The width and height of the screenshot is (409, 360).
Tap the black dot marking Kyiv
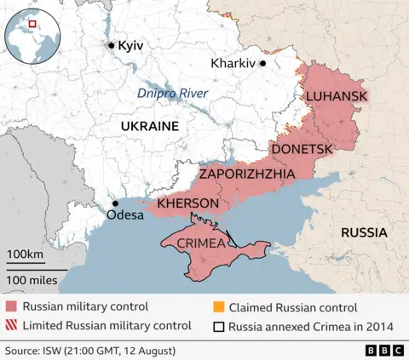click(111, 45)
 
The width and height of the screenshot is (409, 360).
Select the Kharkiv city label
click(233, 63)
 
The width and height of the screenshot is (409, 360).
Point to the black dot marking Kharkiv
click(263, 63)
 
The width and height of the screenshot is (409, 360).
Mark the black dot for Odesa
click(115, 203)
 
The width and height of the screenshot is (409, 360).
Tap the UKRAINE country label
click(149, 126)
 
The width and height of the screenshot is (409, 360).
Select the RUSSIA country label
click(364, 232)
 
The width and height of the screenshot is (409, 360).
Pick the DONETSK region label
click(301, 149)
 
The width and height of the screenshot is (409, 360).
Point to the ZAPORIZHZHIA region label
click(247, 174)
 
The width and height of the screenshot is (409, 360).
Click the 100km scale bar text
click(25, 255)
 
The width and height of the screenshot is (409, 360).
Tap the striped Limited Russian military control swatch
click(10, 325)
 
